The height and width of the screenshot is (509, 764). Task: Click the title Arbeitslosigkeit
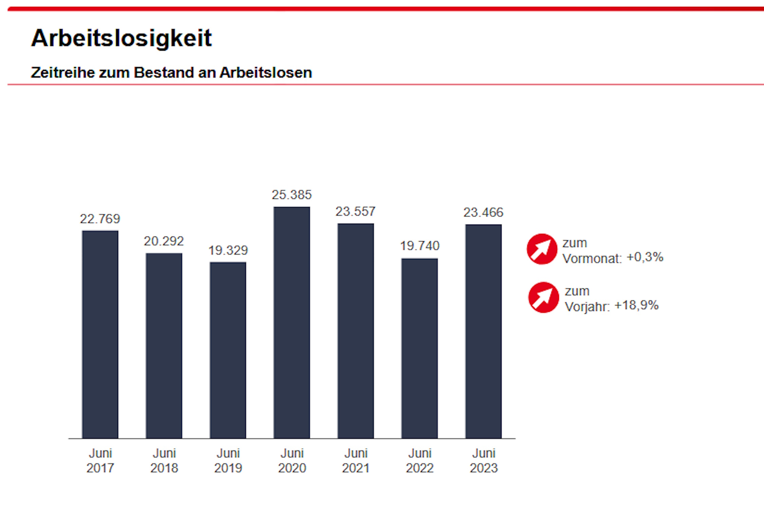(121, 38)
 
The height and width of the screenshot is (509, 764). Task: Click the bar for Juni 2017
(100, 334)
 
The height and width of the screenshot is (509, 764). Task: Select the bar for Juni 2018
(164, 346)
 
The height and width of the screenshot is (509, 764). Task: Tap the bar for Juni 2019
(228, 350)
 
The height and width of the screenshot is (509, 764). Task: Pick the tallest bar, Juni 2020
(292, 322)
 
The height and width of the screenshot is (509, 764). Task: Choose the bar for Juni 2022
(419, 348)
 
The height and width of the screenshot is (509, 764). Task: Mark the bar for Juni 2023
(483, 331)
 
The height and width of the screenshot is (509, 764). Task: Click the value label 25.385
(292, 195)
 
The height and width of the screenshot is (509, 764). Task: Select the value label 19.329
(228, 250)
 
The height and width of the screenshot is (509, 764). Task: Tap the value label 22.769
(100, 219)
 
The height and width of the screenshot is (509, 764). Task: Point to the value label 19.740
(420, 246)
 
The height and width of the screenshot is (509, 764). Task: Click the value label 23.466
(483, 212)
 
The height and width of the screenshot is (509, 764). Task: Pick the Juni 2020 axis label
(292, 460)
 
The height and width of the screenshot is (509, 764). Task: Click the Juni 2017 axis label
(100, 460)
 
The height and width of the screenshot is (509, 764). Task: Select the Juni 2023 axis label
(484, 460)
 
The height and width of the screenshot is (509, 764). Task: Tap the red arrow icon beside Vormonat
(542, 249)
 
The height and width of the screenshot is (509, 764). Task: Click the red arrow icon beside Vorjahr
(543, 297)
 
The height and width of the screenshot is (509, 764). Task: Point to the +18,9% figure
(636, 305)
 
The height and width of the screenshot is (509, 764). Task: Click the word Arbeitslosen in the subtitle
(266, 73)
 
